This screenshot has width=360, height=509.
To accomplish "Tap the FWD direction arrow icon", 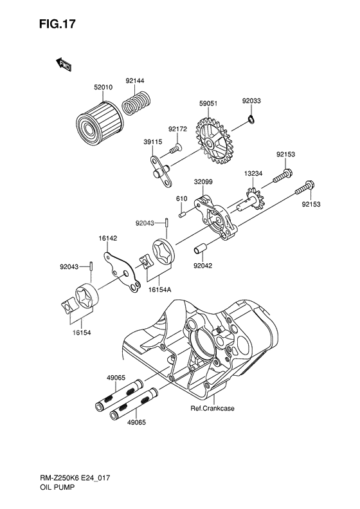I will (62, 63).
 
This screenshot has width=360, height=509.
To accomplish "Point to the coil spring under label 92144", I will (136, 102).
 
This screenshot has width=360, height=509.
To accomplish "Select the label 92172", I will (177, 129).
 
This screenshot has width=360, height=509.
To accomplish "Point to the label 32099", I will (203, 182).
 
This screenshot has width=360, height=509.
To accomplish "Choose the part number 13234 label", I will (253, 173).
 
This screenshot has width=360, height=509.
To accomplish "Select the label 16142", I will (107, 238).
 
